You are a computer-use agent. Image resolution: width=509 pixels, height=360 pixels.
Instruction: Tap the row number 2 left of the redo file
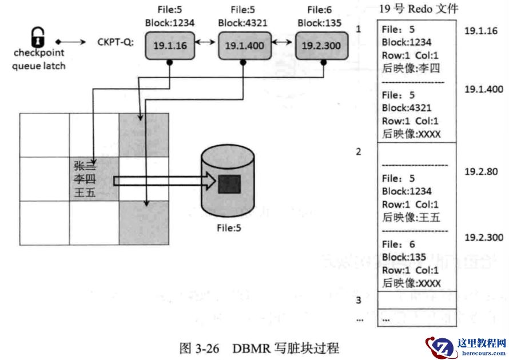click(x=359, y=152)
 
